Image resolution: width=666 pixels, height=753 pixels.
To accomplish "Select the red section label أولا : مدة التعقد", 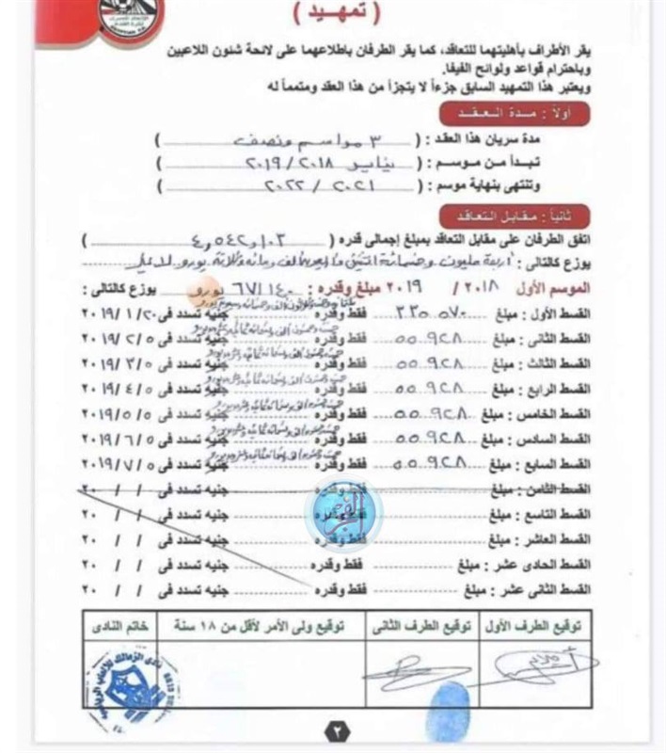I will (x=513, y=115).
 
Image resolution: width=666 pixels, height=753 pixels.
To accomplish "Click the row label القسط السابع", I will (x=557, y=463).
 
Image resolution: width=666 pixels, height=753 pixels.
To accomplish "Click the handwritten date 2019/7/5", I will (x=116, y=463).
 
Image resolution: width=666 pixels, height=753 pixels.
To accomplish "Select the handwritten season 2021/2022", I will (x=260, y=186).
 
